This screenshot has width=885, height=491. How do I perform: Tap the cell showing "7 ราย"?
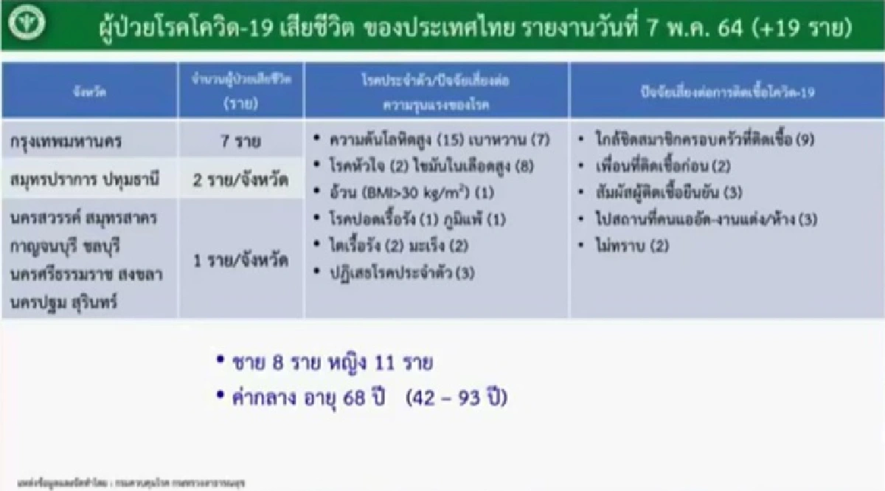pos(240,140)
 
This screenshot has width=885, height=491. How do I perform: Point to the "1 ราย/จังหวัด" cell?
pos(240,261)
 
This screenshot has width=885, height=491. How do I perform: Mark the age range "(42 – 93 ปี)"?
pos(457,398)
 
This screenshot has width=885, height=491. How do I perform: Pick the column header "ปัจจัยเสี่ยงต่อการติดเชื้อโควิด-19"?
pos(726,90)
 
